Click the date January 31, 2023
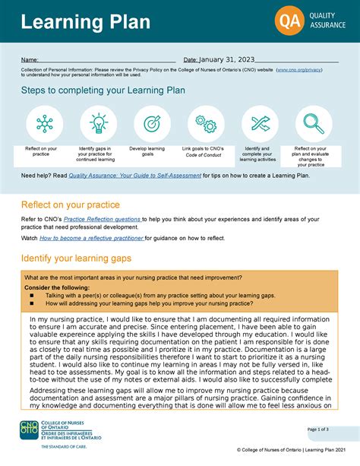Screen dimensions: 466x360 point(226,60)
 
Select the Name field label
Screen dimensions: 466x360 point(30,61)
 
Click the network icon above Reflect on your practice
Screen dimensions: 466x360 point(45,123)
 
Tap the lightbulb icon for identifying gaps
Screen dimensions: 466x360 point(99,123)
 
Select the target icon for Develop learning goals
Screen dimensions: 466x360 point(152,123)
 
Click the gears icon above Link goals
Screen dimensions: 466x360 point(205,123)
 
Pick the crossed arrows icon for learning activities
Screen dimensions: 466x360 point(261,123)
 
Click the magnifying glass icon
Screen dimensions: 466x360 point(314,123)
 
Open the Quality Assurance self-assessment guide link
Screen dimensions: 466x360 point(135,176)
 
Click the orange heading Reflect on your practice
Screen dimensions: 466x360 point(70,204)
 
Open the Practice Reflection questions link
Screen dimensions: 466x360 point(103,219)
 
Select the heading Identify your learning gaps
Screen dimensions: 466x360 point(81,258)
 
